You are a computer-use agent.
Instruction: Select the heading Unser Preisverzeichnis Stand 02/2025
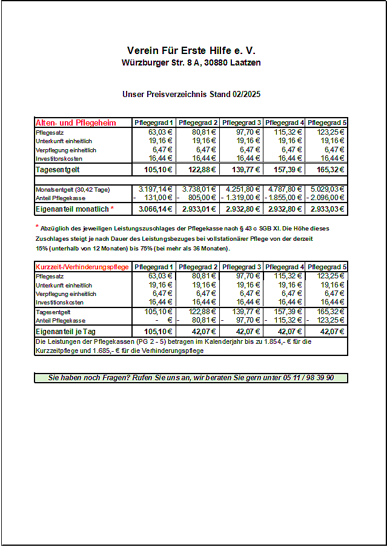pos(191,95)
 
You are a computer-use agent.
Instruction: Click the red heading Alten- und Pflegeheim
pos(76,122)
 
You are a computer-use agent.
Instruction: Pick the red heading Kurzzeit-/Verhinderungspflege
pos(82,267)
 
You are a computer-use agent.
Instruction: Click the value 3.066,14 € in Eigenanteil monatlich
pos(156,209)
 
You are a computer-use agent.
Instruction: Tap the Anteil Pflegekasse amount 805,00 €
pos(200,198)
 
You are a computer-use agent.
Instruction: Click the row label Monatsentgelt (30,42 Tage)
pos(73,190)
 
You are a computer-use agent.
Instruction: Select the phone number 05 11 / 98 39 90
pos(308,377)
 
